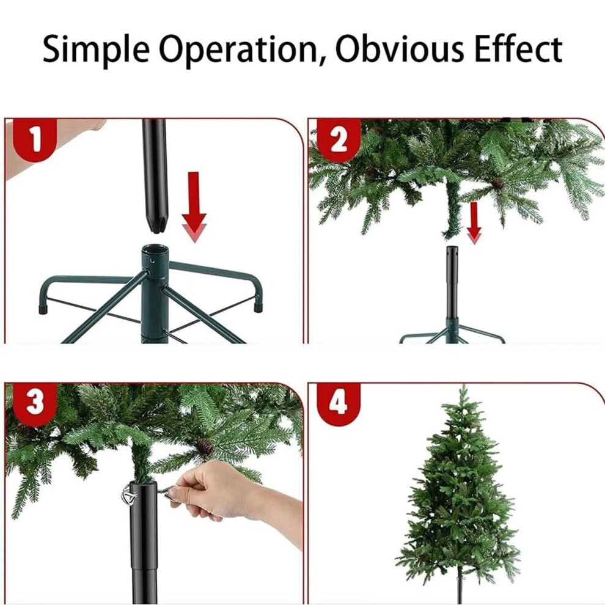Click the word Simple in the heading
tap(96, 50)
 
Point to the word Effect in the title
tap(518, 49)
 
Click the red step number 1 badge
tap(35, 139)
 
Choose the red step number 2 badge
tap(339, 140)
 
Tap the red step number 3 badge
tap(35, 403)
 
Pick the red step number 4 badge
tap(339, 404)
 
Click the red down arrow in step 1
tap(194, 207)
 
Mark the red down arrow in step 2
tap(474, 222)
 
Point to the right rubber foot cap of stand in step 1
tap(258, 306)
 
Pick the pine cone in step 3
tap(205, 447)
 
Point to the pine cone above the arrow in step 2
tap(499, 183)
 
